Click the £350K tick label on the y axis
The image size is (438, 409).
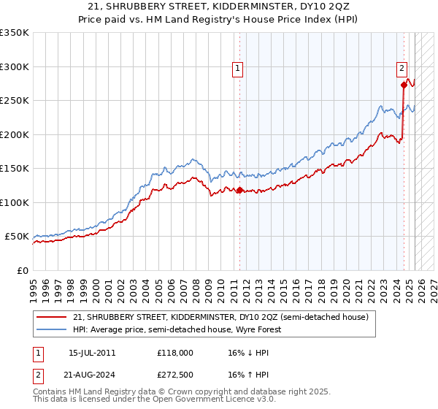coord(15,33)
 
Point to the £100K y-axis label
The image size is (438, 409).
coord(15,202)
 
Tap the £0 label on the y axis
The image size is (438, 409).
coord(21,270)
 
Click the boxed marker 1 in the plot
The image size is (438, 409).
coord(238,69)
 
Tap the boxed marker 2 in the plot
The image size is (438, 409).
coord(401,69)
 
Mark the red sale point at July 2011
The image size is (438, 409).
coord(239,191)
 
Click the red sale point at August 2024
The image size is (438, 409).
coord(404,85)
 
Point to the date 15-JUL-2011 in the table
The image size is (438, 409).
coord(92,352)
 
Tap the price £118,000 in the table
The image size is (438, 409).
coord(174,352)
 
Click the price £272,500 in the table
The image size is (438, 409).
coord(174,375)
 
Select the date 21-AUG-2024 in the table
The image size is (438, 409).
coord(92,375)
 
